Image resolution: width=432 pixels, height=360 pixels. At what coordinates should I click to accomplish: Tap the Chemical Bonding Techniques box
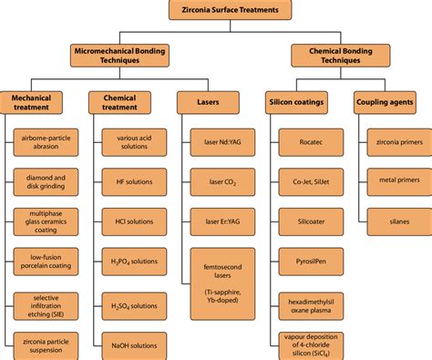[334, 56]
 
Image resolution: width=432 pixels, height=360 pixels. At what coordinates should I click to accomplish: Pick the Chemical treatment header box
[120, 102]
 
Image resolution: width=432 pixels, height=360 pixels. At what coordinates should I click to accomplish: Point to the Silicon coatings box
[298, 103]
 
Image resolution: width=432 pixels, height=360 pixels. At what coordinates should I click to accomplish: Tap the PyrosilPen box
[309, 261]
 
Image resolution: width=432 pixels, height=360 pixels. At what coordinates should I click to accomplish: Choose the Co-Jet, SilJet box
[309, 182]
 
